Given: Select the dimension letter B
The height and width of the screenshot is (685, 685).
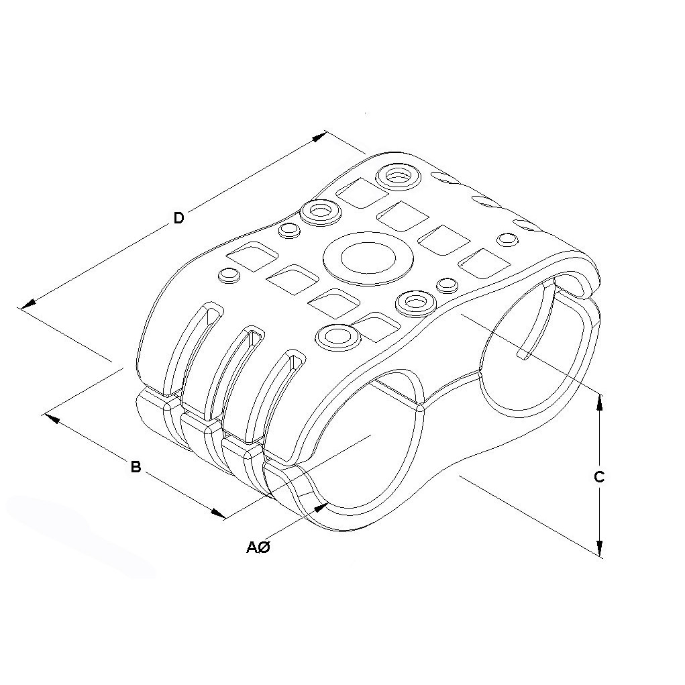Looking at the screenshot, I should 136,466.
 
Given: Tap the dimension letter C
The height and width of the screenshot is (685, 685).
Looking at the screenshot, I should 599,477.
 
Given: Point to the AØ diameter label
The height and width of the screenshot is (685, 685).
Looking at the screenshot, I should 258,547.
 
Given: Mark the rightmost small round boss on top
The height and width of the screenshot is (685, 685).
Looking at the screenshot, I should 508,238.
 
